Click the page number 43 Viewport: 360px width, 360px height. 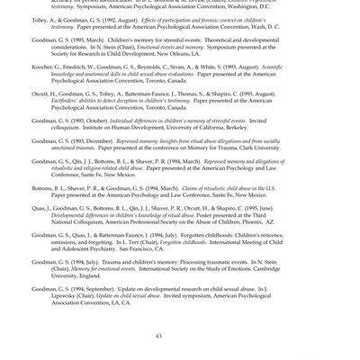point(158,336)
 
